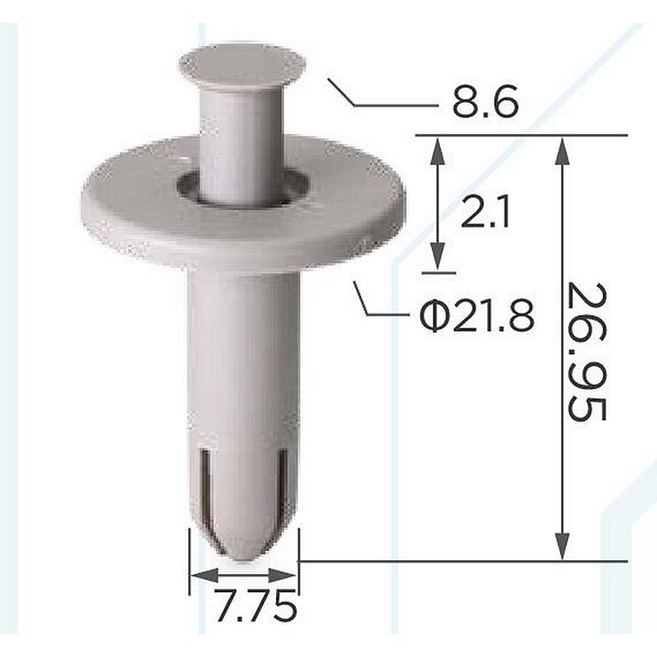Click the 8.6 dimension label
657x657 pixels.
[485, 102]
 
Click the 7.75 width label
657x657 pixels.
[255, 605]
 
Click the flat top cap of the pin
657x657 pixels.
[242, 64]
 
